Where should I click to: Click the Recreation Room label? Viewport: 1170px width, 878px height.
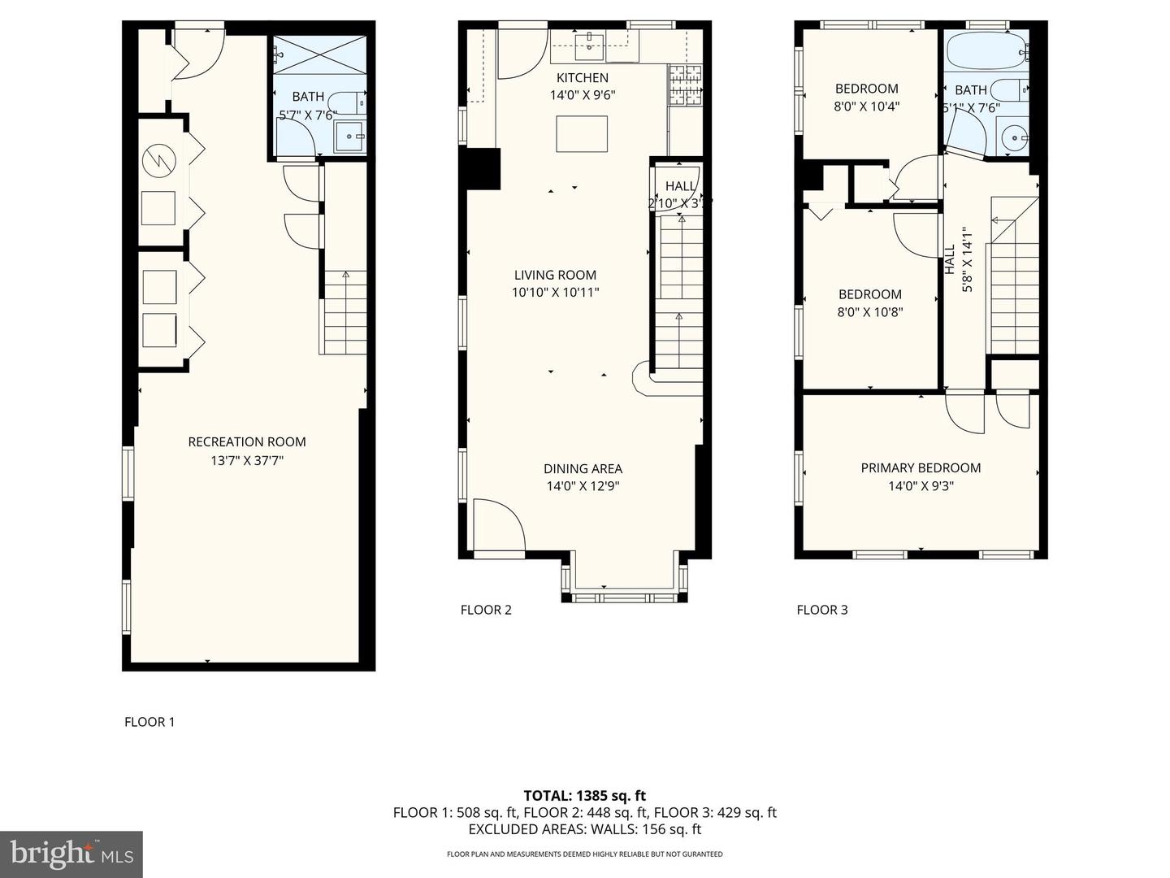[247, 442]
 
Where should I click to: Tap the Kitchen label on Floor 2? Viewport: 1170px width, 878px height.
[582, 78]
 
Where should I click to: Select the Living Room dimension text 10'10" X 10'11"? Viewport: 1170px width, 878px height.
[556, 293]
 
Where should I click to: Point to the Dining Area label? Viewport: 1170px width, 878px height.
[583, 469]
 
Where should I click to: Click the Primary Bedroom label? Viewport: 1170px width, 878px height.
[921, 468]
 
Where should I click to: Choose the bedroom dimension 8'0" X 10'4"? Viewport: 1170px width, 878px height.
[867, 106]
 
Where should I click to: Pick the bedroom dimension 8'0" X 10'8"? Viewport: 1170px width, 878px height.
[869, 312]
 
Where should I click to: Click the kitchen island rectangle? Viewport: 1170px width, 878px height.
[582, 134]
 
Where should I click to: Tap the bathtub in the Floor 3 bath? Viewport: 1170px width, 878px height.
[985, 50]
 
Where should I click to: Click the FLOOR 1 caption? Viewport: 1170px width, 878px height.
[149, 722]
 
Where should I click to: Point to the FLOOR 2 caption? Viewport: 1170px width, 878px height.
[486, 610]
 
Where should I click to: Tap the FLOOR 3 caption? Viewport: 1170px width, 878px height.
[822, 610]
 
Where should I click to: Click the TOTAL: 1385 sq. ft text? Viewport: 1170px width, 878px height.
[584, 796]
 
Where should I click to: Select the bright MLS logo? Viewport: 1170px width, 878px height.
[71, 854]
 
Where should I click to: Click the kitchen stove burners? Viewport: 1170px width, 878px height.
[684, 86]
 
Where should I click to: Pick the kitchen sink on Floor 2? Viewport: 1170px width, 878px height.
[587, 47]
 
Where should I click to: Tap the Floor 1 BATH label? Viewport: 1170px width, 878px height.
[308, 97]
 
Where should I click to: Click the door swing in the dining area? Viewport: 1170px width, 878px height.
[497, 526]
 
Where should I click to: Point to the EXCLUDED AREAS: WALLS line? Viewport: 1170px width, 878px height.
[584, 829]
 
